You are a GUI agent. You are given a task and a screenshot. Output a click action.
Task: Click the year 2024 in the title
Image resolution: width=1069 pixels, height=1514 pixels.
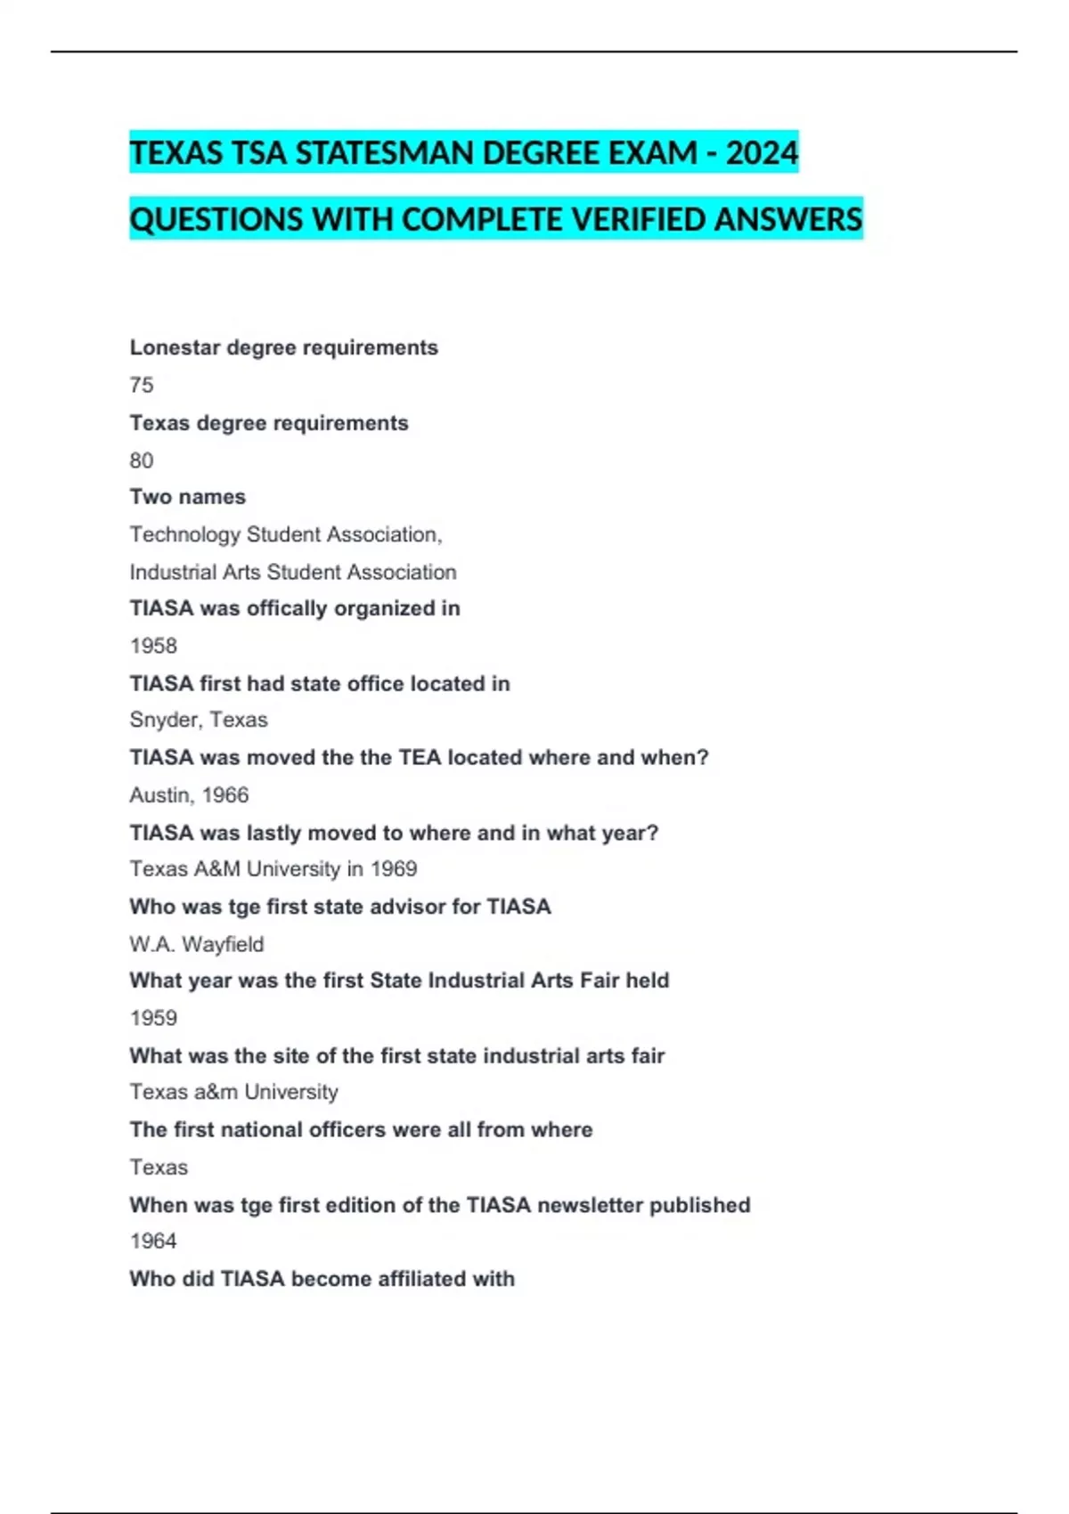[x=762, y=153]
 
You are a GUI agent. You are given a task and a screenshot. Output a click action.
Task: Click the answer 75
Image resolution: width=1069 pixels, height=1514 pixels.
[x=142, y=385]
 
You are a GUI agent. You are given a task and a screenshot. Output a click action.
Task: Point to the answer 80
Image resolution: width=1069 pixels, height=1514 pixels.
[x=142, y=460]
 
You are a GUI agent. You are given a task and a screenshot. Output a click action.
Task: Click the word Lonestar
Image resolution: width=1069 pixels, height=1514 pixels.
[x=175, y=347]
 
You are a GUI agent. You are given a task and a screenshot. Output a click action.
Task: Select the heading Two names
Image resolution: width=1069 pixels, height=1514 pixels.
[x=187, y=497]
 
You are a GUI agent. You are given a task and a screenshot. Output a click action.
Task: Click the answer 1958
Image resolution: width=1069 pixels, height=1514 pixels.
[x=153, y=646]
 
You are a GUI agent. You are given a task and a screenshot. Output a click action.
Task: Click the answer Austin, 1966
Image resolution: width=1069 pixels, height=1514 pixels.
[x=189, y=794]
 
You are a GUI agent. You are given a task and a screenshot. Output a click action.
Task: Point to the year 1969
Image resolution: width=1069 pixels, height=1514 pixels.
[x=394, y=868]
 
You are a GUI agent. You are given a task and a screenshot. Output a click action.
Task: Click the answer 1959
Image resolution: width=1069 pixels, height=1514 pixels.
[x=153, y=1018]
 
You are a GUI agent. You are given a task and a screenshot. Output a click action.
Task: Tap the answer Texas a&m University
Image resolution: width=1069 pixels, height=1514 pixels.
[x=233, y=1092]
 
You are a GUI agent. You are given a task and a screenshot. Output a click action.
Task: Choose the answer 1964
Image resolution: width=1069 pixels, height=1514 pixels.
[x=153, y=1241]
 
